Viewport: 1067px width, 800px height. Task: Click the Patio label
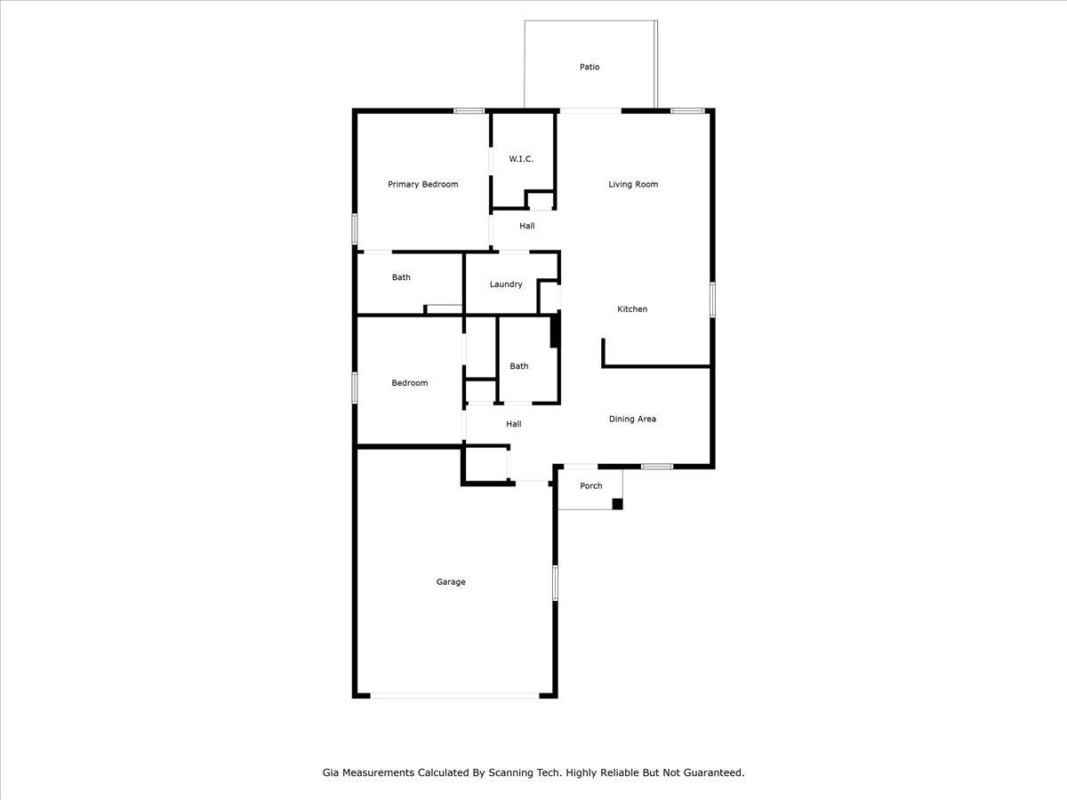click(x=590, y=67)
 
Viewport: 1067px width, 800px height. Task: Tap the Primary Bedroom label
click(x=423, y=185)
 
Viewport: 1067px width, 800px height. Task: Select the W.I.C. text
click(x=521, y=159)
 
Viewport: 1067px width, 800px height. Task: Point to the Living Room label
click(x=633, y=185)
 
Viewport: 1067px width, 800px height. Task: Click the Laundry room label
click(x=506, y=284)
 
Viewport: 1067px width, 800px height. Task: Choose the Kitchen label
click(x=632, y=309)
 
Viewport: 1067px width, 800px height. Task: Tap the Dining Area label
click(x=632, y=420)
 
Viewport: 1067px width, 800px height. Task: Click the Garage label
click(x=451, y=582)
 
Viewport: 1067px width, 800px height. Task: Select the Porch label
click(x=591, y=485)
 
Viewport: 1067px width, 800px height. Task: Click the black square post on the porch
click(x=617, y=504)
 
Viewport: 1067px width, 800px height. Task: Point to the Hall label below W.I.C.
click(x=527, y=226)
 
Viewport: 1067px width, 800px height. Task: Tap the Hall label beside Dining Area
click(x=514, y=424)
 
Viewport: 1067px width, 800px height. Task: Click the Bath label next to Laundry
click(x=401, y=277)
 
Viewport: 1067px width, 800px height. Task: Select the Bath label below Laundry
click(x=518, y=366)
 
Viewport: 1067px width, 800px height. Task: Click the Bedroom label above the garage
click(x=410, y=383)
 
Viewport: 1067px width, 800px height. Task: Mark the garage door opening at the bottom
click(x=455, y=696)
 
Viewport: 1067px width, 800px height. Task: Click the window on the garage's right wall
click(x=555, y=583)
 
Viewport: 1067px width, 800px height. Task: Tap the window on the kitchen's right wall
click(x=712, y=300)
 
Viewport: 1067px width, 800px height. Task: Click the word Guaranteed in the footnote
click(x=714, y=772)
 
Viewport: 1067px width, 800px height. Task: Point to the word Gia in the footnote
click(x=330, y=772)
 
